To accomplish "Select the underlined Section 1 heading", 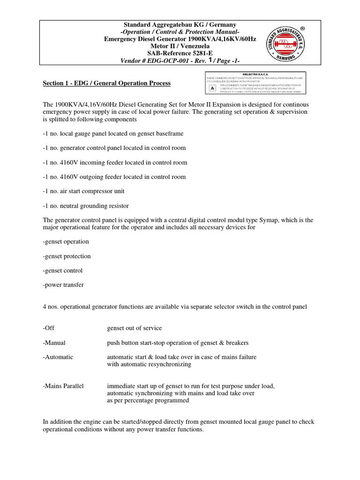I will tap(107, 83).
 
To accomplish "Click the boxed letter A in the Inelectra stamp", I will tap(212, 88).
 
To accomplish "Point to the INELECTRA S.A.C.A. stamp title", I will tap(255, 74).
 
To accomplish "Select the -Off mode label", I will tap(49, 328).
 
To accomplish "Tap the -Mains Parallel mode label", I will tap(63, 386).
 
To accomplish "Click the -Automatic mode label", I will tap(58, 357).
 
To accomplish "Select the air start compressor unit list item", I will tap(84, 191).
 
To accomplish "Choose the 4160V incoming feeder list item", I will tap(115, 163).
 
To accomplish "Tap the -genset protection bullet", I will tap(67, 256).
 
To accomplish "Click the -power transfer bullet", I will tap(64, 285).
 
